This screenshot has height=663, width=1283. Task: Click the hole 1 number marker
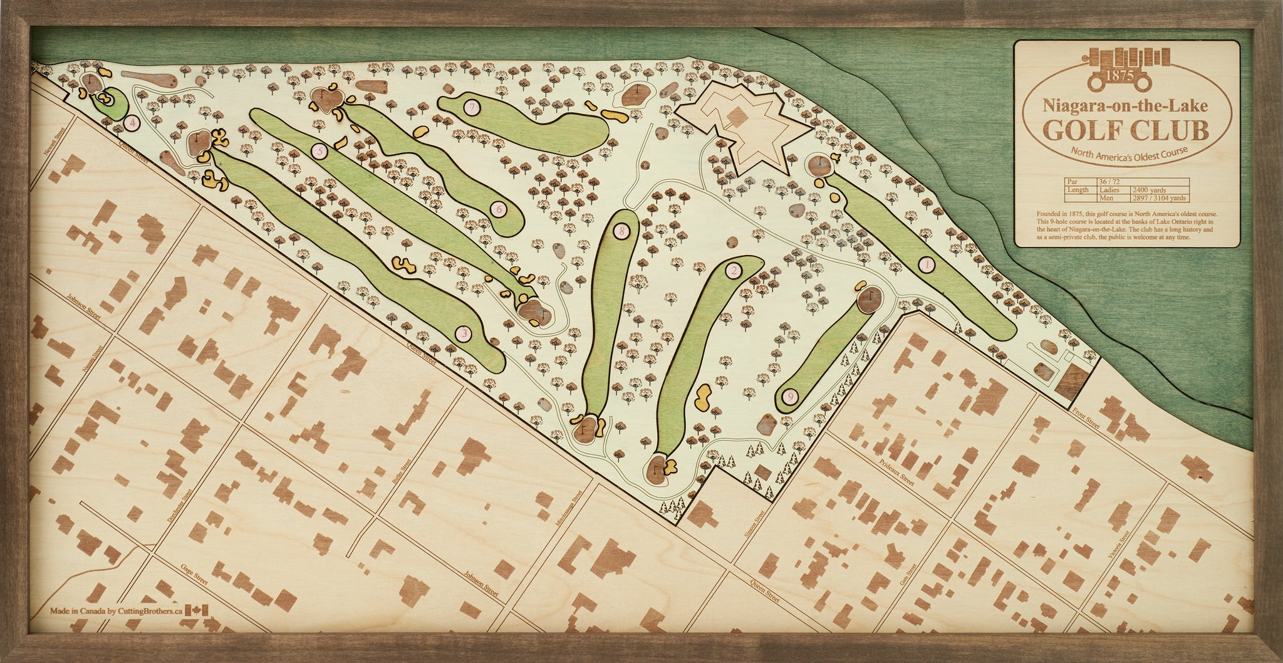(x=926, y=265)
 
